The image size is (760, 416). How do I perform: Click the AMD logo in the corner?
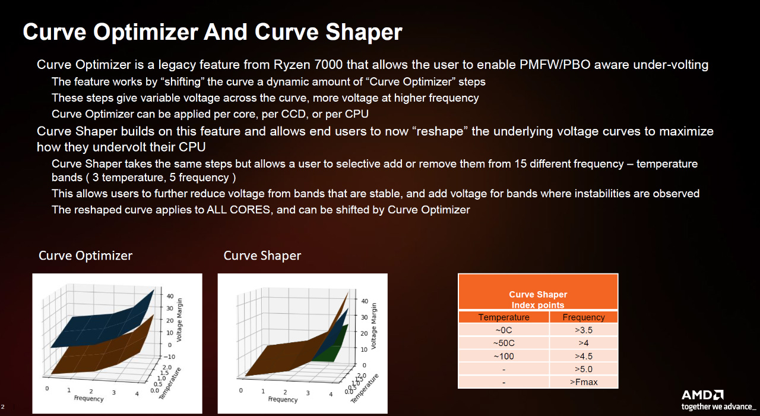702,395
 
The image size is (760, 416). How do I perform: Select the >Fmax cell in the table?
584,382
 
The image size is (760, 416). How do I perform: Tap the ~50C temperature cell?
503,343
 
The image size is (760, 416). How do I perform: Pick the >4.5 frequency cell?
584,356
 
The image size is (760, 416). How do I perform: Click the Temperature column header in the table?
503,317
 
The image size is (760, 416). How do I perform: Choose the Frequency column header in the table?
584,317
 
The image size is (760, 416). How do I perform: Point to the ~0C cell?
503,330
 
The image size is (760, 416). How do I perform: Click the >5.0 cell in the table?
584,369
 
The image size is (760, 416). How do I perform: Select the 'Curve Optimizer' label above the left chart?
85,256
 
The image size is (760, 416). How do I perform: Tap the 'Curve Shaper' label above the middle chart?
262,256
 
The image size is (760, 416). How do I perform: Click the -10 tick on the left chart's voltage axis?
169,357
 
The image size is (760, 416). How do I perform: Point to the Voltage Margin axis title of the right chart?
373,326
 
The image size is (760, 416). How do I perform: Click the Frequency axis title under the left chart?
88,398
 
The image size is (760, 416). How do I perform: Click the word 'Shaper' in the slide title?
364,33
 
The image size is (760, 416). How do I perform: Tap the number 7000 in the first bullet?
328,65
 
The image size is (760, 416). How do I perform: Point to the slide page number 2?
3,406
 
